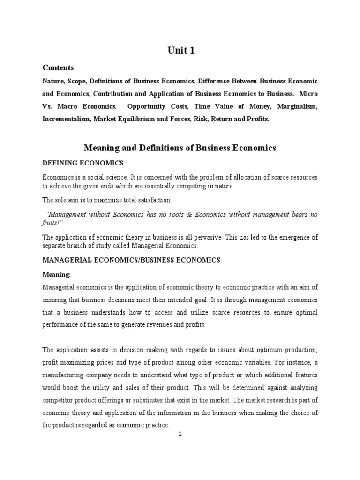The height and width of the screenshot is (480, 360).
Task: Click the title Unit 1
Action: (180, 51)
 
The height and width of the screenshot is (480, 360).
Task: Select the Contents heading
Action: (58, 67)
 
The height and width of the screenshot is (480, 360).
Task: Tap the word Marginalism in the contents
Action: (297, 106)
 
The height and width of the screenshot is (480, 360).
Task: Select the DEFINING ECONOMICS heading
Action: (83, 163)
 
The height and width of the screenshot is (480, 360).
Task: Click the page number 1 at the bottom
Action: (180, 434)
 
